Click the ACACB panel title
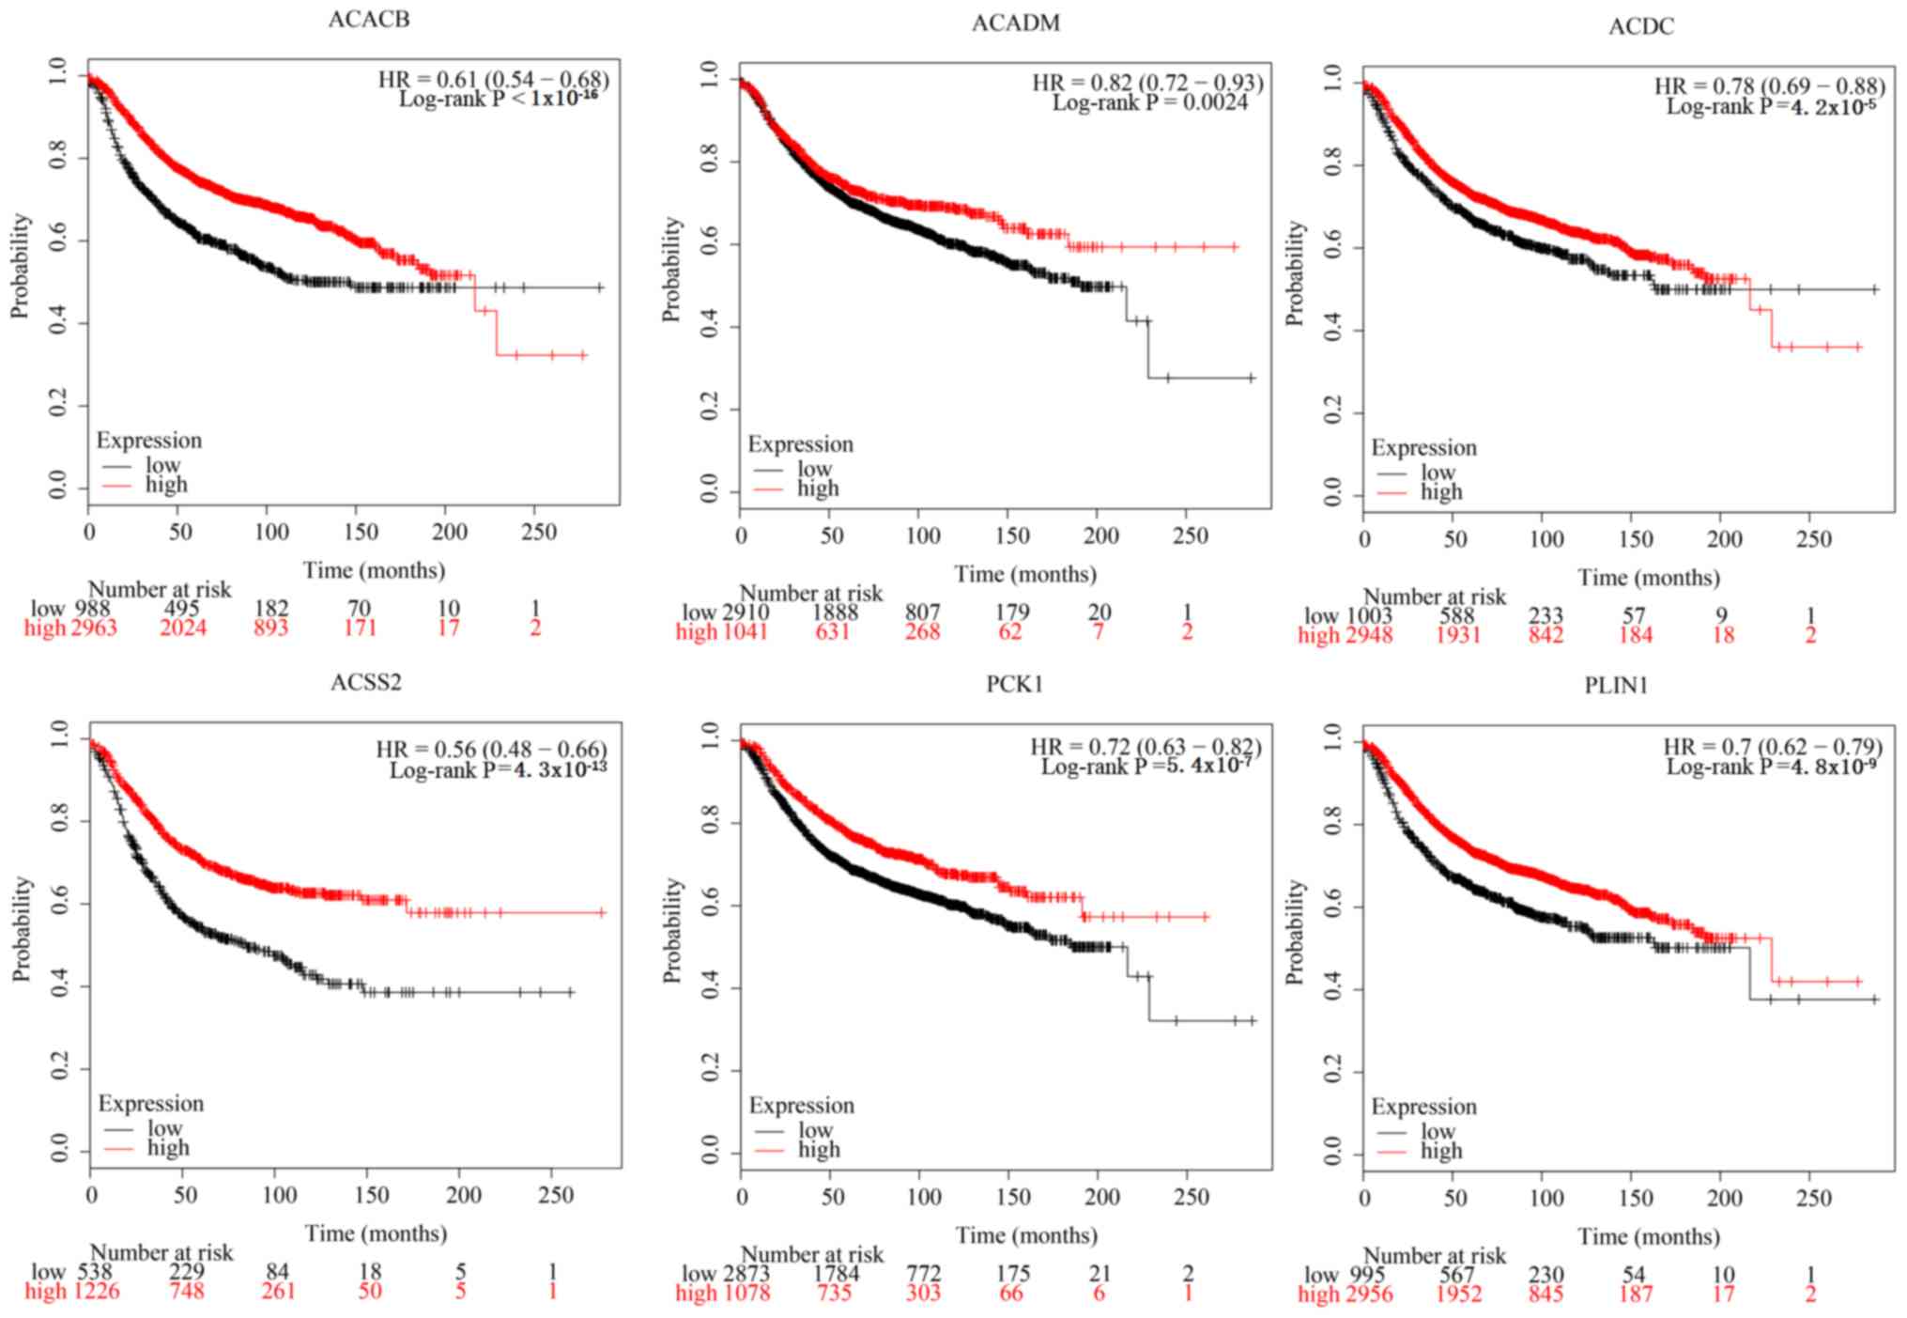coord(368,20)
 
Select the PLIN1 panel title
coord(1616,686)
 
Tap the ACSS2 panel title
coord(366,683)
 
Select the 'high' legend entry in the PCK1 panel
coord(819,1150)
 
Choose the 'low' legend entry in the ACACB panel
coord(162,465)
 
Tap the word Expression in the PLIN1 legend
coord(1423,1107)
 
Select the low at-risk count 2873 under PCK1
coord(746,1274)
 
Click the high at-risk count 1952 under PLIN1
coord(1458,1295)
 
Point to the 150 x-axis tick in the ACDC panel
coord(1636,539)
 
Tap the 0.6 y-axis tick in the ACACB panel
coord(58,241)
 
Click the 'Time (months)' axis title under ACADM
coord(1025,574)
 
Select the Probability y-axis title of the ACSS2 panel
coord(21,930)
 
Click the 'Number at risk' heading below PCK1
coord(812,1254)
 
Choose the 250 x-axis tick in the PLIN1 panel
coord(1813,1198)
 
